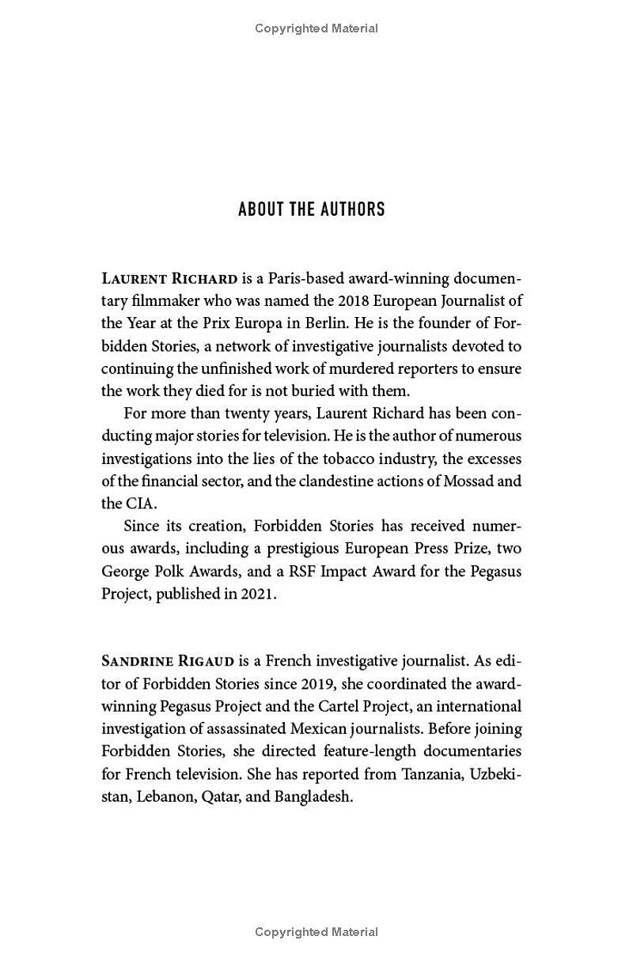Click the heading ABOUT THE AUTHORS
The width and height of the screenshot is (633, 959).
(x=312, y=210)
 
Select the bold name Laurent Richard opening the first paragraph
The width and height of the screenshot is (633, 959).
(x=169, y=279)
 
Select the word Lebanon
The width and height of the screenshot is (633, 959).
(x=165, y=796)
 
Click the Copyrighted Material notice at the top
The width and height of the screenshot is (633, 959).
(x=316, y=28)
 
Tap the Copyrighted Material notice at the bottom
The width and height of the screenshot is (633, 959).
(x=316, y=932)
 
